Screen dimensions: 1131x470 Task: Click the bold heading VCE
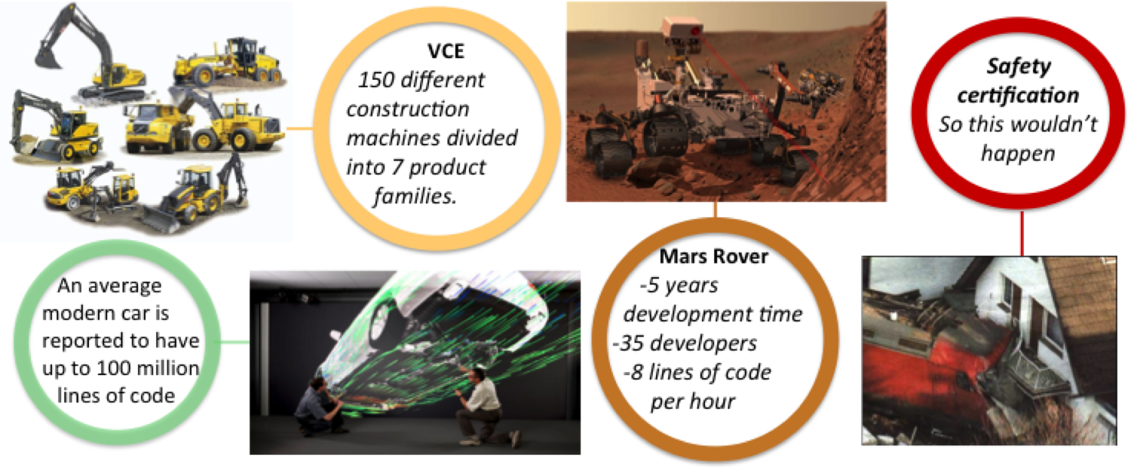tap(446, 51)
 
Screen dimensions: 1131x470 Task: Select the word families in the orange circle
tap(415, 196)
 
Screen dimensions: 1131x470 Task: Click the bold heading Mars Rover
tap(713, 257)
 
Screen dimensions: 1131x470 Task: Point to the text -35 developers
tap(685, 343)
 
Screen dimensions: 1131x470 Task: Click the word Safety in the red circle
tap(1019, 66)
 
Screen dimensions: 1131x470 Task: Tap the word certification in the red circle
tap(1018, 96)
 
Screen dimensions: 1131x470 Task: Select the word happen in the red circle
tap(1018, 154)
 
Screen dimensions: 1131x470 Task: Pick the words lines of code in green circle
tap(116, 396)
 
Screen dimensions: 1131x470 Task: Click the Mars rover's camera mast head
tap(682, 28)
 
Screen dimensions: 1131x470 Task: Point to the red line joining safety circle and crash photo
tap(1022, 233)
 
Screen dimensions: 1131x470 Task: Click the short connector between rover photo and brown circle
tap(715, 210)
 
